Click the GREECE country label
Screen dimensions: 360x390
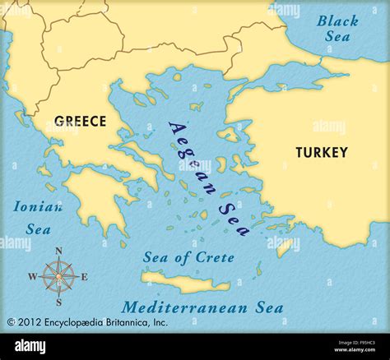(x=80, y=122)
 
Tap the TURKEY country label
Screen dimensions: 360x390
(x=322, y=152)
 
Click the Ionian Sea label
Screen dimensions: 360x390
(x=38, y=218)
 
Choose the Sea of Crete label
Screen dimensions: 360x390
(x=188, y=257)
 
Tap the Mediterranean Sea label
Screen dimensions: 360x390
(x=202, y=308)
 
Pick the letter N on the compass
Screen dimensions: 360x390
(x=58, y=252)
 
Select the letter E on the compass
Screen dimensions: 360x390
(x=84, y=277)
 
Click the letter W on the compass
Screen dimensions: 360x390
(x=32, y=277)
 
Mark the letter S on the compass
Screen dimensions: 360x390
(x=58, y=302)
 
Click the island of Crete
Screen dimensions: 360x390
(x=185, y=283)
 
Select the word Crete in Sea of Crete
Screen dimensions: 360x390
(x=216, y=257)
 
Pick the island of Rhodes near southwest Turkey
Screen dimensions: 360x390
(x=284, y=246)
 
